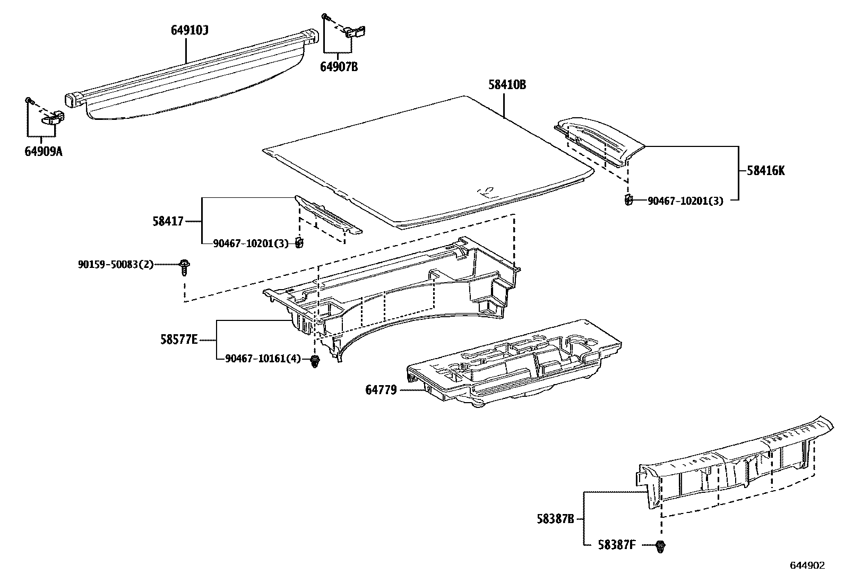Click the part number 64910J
[x=189, y=31]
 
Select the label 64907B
[x=338, y=67]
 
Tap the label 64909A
[x=43, y=152]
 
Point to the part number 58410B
[x=507, y=85]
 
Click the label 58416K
[x=765, y=171]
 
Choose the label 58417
[x=168, y=221]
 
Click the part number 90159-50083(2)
[x=116, y=264]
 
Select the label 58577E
[x=179, y=340]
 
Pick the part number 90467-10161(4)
[x=263, y=359]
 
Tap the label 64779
[x=381, y=390]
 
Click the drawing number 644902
[x=807, y=565]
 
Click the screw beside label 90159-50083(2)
[x=184, y=266]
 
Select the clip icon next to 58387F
[x=660, y=546]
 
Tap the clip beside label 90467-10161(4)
[x=315, y=362]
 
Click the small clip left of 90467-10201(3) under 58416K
[x=627, y=200]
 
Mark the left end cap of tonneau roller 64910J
[x=73, y=100]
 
